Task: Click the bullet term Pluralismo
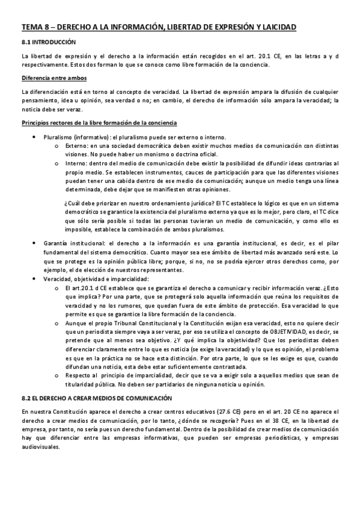click(x=59, y=137)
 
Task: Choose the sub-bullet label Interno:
click(x=76, y=163)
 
